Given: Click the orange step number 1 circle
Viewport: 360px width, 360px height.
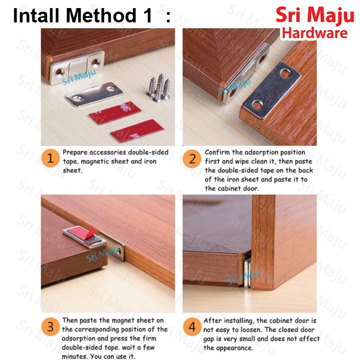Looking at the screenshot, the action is (51, 158).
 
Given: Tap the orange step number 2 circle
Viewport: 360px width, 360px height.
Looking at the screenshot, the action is (192, 159).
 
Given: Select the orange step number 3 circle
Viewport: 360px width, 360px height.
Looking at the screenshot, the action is (51, 327).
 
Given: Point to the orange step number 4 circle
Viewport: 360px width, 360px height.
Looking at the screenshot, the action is (192, 327).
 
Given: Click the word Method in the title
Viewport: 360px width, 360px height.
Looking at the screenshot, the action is (101, 15).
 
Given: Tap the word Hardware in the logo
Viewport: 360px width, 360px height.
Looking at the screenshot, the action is (315, 33).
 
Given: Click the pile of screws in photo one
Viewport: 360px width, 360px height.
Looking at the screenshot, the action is (159, 87).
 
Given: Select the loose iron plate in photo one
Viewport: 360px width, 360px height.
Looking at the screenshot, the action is (94, 95).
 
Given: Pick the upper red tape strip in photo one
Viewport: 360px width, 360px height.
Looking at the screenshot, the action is (115, 113).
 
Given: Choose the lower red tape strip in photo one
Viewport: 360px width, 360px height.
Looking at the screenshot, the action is (137, 130).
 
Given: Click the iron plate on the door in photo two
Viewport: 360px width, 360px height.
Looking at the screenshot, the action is (272, 90).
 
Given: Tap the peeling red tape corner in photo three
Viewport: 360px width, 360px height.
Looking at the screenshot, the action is (91, 230).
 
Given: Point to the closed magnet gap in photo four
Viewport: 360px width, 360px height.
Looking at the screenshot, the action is (247, 273).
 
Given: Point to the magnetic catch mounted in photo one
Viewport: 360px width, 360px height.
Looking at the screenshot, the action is (77, 67).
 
